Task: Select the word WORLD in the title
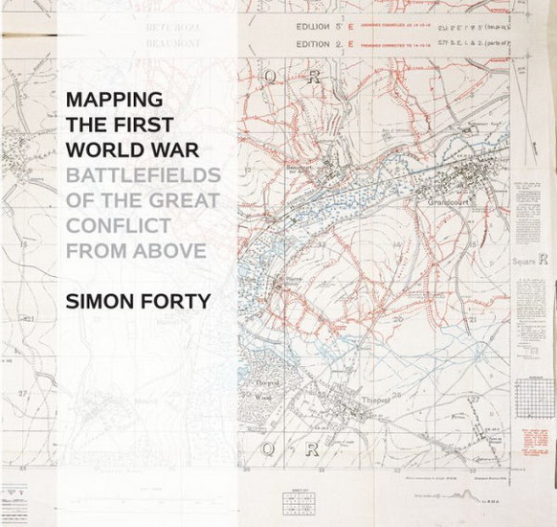tap(102, 150)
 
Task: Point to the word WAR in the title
tap(173, 150)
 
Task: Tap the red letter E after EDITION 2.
tap(350, 43)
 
